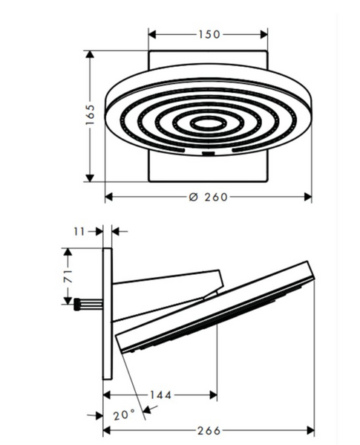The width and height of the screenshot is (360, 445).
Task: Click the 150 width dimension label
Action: click(209, 35)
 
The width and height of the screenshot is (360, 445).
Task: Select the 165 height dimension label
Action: click(90, 115)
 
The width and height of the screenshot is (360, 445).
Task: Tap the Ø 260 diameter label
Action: click(209, 197)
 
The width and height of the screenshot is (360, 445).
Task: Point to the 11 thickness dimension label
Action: click(79, 232)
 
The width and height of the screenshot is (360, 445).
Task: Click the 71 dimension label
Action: click(68, 276)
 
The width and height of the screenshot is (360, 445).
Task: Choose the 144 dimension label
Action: click(160, 394)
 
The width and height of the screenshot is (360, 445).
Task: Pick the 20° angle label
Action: click(124, 415)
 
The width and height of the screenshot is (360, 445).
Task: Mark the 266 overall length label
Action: click(209, 431)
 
